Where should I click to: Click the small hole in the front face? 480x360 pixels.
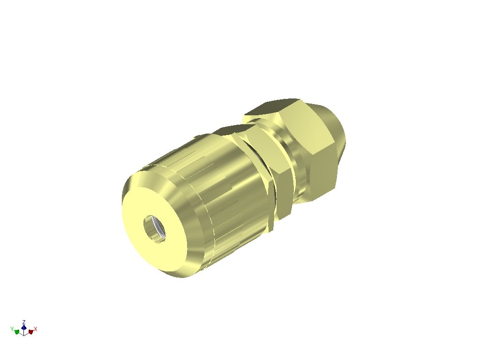click(155, 228)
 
